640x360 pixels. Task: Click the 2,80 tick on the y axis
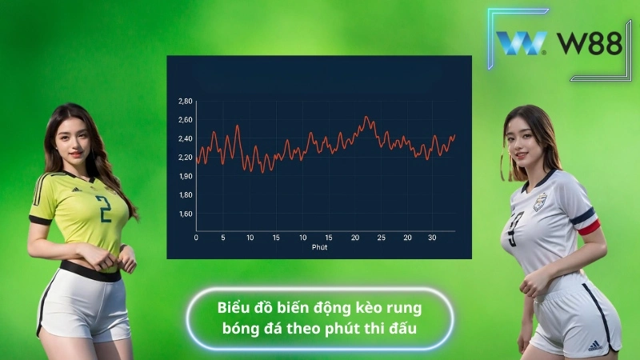185,102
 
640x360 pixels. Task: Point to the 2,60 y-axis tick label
185,120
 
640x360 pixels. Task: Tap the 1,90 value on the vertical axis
185,176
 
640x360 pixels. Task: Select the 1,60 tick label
185,214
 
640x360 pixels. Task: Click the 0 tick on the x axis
196,238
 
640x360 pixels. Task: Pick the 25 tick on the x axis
381,238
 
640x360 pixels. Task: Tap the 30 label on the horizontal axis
432,238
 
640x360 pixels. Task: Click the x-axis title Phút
320,247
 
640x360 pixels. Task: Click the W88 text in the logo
590,43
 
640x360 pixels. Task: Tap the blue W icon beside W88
522,43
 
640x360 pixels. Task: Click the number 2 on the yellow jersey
103,209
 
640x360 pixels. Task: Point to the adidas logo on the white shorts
594,346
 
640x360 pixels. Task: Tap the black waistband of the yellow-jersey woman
90,271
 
